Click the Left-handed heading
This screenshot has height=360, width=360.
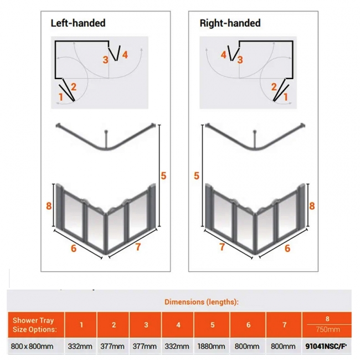[78, 23]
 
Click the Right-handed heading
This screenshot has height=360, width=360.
[230, 23]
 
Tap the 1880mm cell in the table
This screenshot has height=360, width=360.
[211, 346]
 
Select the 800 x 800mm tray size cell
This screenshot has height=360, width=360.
[32, 346]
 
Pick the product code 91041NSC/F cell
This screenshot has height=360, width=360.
[326, 346]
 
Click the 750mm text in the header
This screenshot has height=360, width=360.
[328, 330]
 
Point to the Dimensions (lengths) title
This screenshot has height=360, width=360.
[202, 302]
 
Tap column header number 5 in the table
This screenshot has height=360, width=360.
[213, 325]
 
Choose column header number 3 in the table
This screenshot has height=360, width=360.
[146, 325]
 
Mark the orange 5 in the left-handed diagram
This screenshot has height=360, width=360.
[163, 176]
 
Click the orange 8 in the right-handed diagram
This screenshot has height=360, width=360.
[312, 206]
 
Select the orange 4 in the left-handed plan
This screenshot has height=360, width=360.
[125, 55]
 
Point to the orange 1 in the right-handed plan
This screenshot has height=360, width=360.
[286, 97]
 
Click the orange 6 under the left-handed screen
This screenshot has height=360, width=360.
[74, 248]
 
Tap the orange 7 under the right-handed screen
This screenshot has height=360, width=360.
[222, 247]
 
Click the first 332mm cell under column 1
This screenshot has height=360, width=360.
[80, 346]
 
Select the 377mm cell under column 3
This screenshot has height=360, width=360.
[145, 346]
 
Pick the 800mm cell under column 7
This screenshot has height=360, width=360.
[283, 346]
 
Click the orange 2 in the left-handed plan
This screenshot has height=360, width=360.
[74, 87]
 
